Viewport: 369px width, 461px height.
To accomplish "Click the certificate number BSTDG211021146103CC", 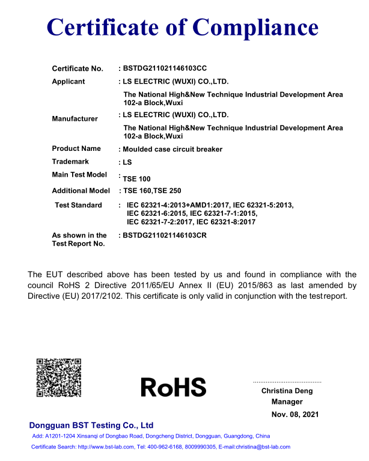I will point(165,68).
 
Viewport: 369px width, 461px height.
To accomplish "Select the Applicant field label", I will point(69,81).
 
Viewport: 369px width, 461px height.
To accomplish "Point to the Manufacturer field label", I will point(75,118).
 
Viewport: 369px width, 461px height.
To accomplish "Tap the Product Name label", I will point(76,148).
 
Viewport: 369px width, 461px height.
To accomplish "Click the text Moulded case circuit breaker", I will point(172,149).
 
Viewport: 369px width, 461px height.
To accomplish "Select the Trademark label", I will point(70,162).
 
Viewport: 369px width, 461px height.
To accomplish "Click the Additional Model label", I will point(81,191).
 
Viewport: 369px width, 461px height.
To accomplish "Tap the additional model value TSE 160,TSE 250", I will point(152,191).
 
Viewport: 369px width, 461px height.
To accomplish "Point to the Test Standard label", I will point(78,205).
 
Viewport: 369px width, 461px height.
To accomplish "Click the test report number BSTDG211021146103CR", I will point(165,235).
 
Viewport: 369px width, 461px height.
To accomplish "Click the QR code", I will point(59,377).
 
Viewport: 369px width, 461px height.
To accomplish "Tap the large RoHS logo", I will point(173,387).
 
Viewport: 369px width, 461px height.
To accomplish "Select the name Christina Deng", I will point(287,391).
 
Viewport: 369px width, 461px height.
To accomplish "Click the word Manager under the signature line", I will point(287,401).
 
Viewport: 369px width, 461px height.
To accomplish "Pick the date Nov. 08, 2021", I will point(295,414).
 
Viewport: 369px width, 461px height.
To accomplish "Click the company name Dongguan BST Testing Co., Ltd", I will point(91,425).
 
